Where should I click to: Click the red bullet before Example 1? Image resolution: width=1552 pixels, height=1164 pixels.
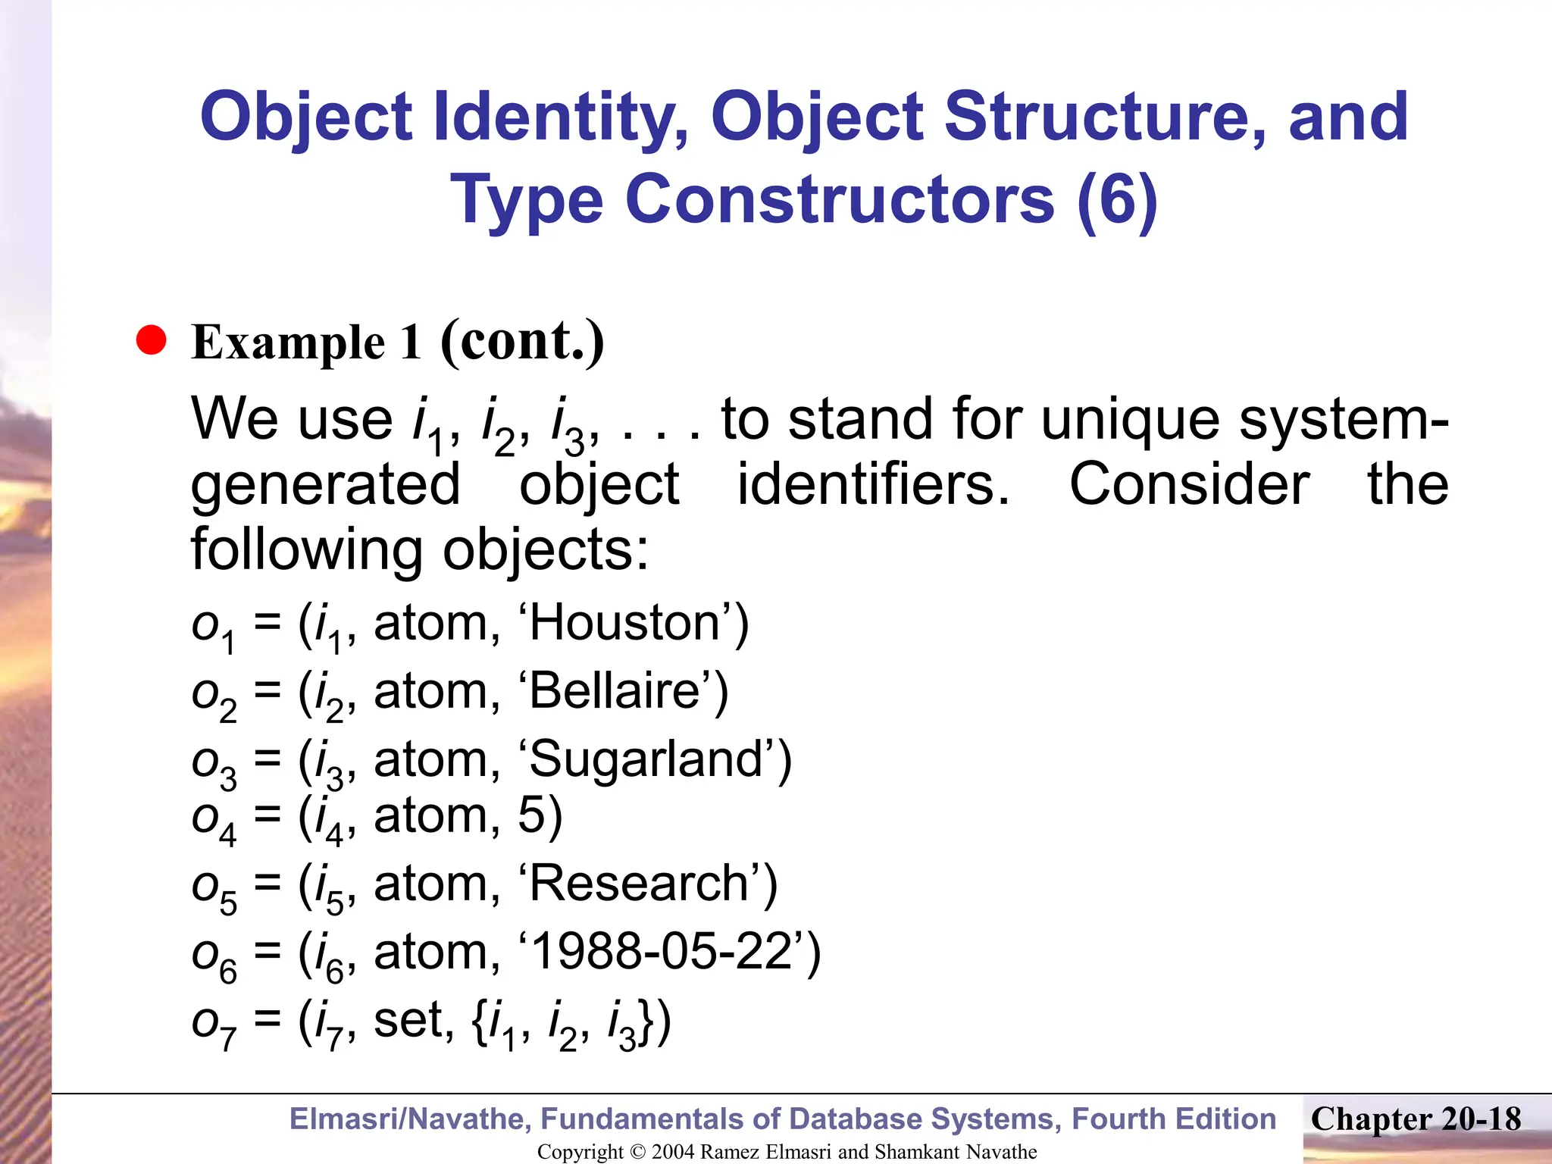[151, 341]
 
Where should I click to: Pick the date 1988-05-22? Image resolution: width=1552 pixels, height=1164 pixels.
[667, 953]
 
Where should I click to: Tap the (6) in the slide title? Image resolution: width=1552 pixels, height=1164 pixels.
[1117, 199]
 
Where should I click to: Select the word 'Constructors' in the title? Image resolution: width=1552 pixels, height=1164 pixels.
[840, 199]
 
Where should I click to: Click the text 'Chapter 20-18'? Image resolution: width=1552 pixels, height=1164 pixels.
[1416, 1119]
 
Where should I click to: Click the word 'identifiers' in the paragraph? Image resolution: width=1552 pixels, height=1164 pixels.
[873, 484]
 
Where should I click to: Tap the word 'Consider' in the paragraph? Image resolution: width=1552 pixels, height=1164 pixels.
[1189, 484]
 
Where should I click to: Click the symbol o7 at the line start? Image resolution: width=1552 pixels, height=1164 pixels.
[213, 1023]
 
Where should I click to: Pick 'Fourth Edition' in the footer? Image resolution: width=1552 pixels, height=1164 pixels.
[1174, 1119]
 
